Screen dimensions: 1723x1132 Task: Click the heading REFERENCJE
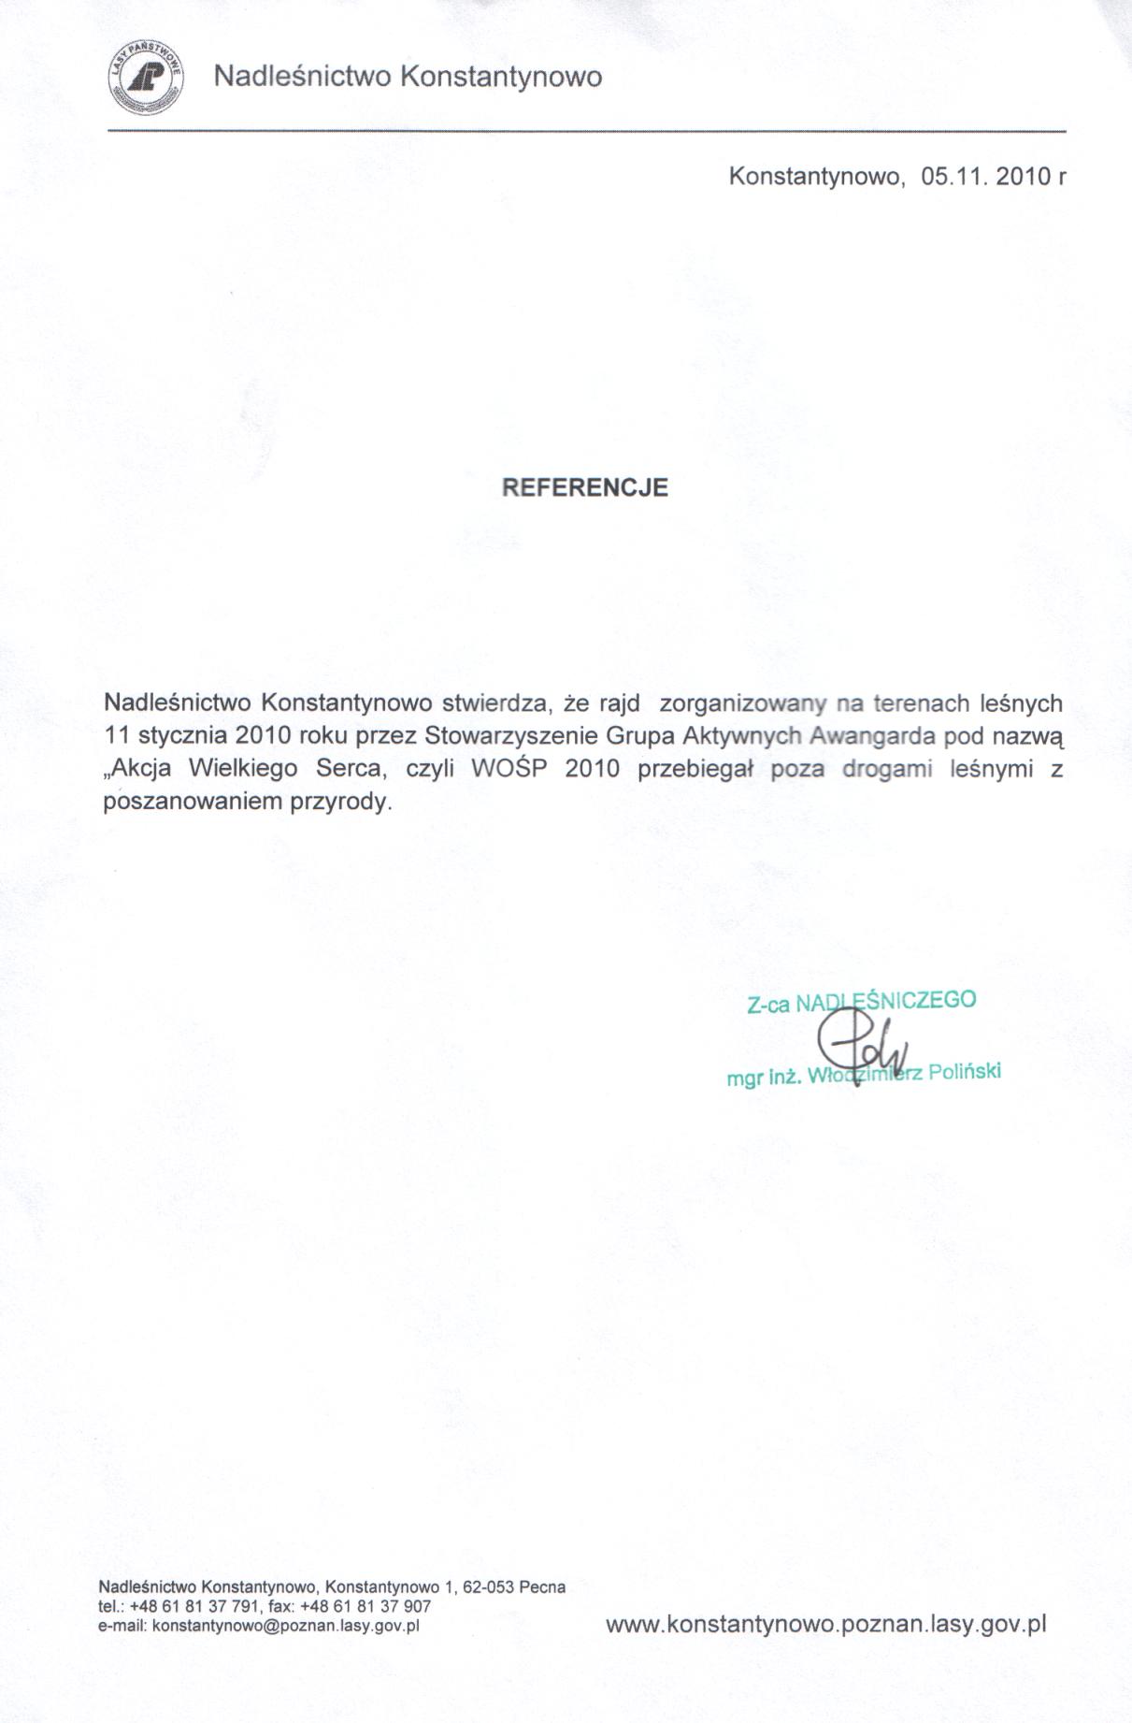[x=585, y=487]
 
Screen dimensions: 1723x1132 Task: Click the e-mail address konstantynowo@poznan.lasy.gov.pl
[x=285, y=1626]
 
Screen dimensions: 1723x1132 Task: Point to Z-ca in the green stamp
[x=768, y=1006]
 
